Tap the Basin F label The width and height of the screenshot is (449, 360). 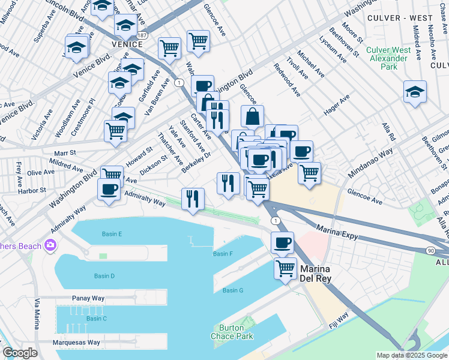click(x=223, y=254)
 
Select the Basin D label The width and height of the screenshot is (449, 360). click(x=104, y=276)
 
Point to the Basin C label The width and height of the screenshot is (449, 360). click(x=96, y=319)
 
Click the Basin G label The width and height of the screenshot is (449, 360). click(x=232, y=290)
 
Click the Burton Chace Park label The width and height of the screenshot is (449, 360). click(x=231, y=332)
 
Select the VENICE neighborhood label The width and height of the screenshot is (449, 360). click(x=127, y=44)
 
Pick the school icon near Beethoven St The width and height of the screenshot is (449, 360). click(x=415, y=92)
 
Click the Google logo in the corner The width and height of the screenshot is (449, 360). click(x=20, y=353)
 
